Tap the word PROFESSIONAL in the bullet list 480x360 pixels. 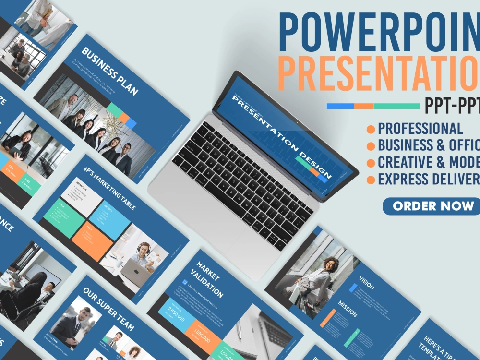pos(420,129)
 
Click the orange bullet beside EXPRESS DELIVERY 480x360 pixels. pos(371,180)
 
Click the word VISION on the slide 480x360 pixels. pos(366,284)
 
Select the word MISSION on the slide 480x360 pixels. pos(348,309)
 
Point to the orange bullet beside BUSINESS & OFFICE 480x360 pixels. pos(371,146)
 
